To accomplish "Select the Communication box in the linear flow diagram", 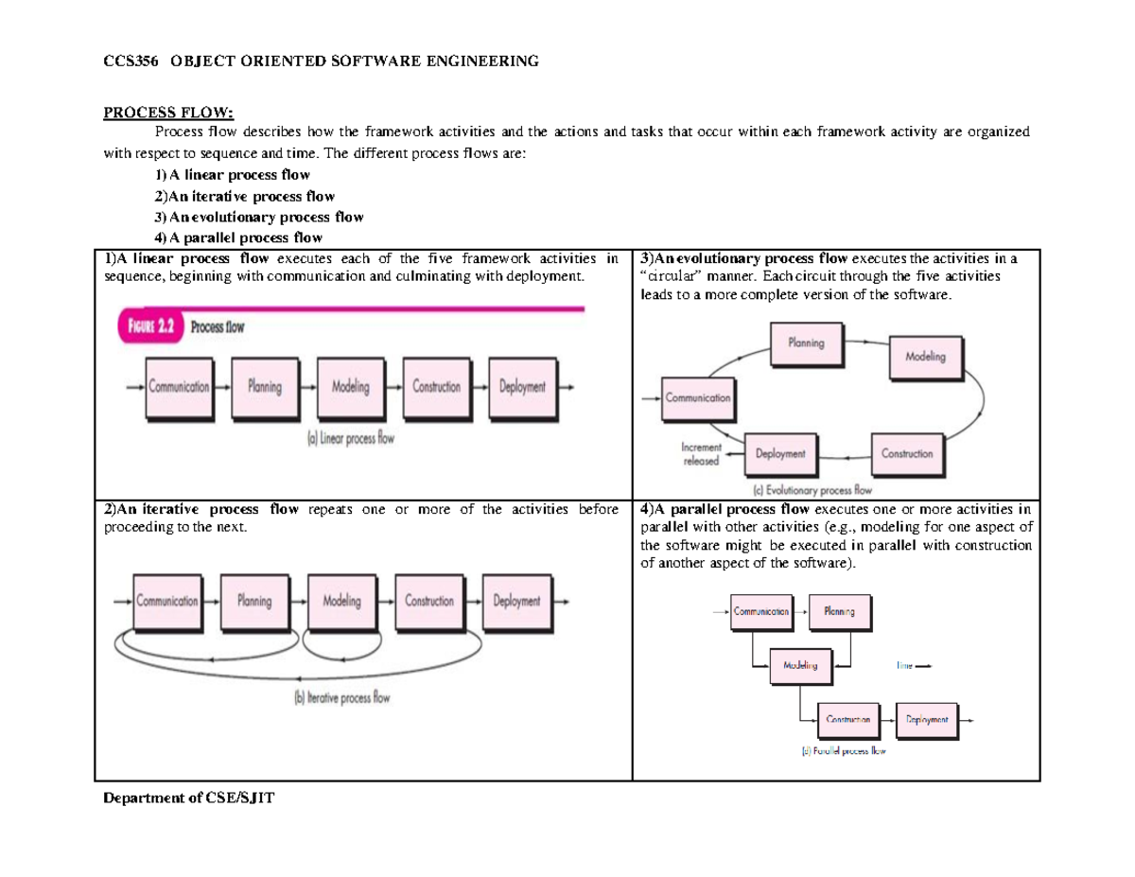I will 179,387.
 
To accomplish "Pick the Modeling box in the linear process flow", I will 351,387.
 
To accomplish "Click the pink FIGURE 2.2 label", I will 149,327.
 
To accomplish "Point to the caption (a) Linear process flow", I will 351,438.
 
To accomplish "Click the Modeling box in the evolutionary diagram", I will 925,358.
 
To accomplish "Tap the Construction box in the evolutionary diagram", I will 906,454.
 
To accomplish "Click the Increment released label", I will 701,454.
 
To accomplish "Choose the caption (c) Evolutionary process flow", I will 812,491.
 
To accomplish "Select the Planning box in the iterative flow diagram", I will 254,602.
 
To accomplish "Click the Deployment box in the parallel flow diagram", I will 926,720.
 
